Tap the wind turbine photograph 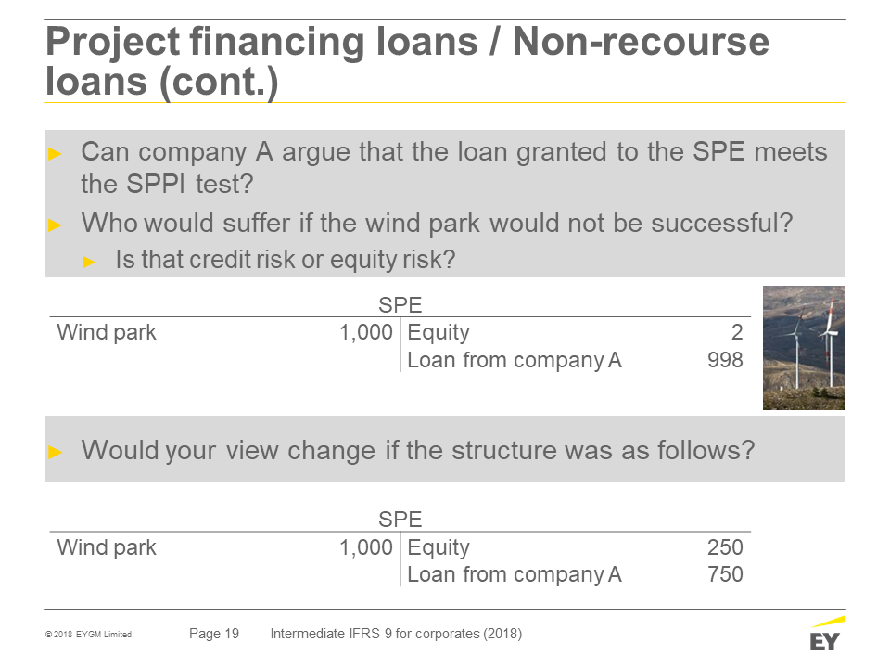point(804,348)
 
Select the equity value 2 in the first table point(737,332)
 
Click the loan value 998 point(725,360)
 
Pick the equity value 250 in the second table point(725,547)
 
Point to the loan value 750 point(725,574)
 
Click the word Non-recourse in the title point(641,42)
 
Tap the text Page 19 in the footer point(214,634)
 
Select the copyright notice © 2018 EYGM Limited point(90,635)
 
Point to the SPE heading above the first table point(400,305)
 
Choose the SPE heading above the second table point(400,520)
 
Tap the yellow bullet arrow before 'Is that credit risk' point(89,262)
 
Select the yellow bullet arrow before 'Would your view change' point(55,452)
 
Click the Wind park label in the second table point(106,547)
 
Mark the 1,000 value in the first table point(365,332)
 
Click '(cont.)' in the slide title point(219,83)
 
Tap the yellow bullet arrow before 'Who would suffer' point(55,225)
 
